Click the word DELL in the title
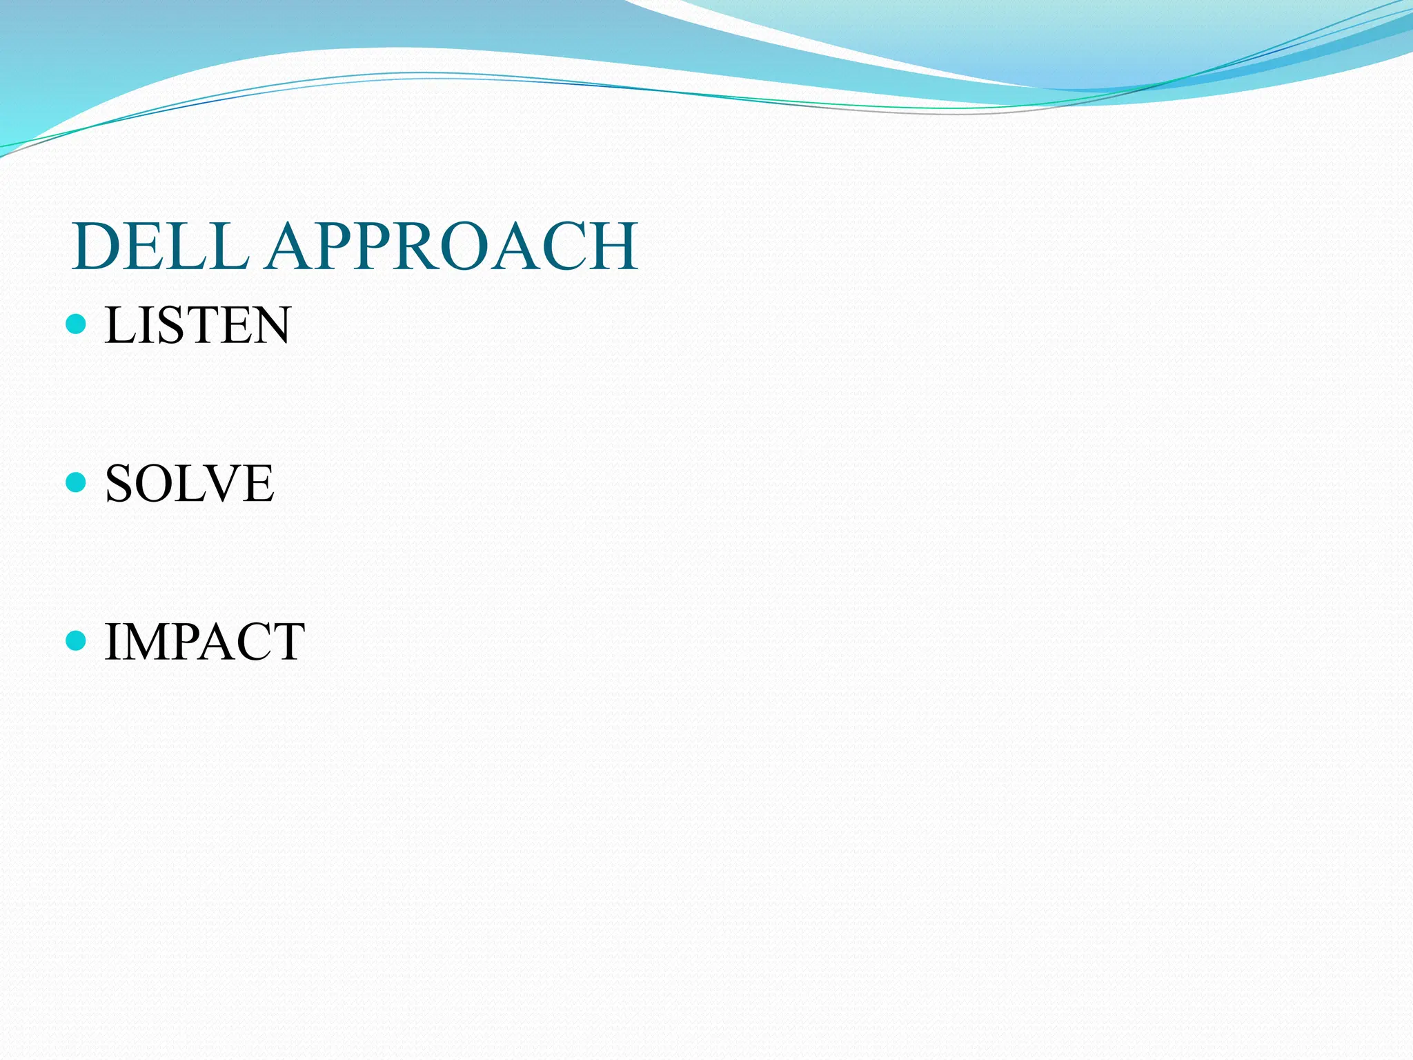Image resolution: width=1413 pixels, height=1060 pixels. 160,246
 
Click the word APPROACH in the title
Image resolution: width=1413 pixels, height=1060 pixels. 453,246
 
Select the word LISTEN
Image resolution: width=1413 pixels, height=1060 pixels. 197,325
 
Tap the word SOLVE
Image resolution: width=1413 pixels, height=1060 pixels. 189,483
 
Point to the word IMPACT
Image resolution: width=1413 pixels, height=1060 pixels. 204,642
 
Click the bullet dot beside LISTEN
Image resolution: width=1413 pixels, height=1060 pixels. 76,324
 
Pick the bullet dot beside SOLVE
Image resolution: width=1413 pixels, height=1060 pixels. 76,482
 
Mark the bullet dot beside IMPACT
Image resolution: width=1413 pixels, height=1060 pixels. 76,640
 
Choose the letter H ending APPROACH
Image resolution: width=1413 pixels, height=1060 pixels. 609,246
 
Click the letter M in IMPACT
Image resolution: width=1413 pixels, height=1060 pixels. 146,642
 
